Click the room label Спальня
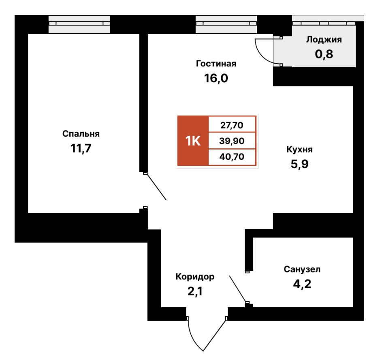coord(81,134)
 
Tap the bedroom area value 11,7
coord(81,148)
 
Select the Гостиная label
coord(216,64)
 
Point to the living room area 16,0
coord(216,78)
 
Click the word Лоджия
coord(324,40)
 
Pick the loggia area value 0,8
coord(324,54)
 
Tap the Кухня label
coord(299,150)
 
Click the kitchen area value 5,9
coord(299,164)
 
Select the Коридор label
coord(195,277)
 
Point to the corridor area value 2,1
coord(195,291)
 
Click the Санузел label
coord(302,269)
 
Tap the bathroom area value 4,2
coord(302,284)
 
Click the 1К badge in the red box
coord(193,141)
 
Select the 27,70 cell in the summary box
coord(232,125)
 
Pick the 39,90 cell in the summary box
coord(232,141)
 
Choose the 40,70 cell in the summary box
coord(232,157)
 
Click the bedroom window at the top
coord(79,24)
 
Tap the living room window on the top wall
coord(226,24)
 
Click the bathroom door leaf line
coord(238,289)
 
